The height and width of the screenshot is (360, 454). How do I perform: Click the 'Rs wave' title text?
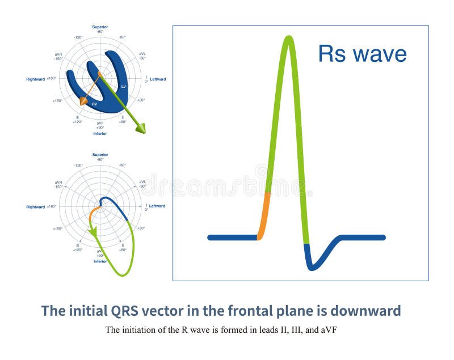[362, 54]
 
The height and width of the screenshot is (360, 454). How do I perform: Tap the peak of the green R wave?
[289, 39]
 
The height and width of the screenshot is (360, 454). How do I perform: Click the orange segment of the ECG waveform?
[264, 215]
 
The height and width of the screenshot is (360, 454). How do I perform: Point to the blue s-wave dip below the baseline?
[313, 263]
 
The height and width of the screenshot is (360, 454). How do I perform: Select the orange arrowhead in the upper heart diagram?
[83, 101]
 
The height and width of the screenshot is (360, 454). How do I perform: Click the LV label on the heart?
[123, 86]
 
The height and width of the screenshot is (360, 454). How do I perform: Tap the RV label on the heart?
[95, 104]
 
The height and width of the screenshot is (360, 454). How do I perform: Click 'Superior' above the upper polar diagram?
[100, 26]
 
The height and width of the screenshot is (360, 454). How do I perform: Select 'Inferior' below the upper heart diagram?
[100, 134]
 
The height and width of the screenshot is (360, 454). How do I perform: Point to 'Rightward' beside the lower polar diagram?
[35, 207]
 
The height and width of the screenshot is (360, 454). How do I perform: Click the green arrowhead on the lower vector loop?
[92, 232]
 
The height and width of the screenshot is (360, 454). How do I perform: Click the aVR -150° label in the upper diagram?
[58, 56]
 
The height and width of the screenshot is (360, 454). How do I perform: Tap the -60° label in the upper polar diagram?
[122, 37]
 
